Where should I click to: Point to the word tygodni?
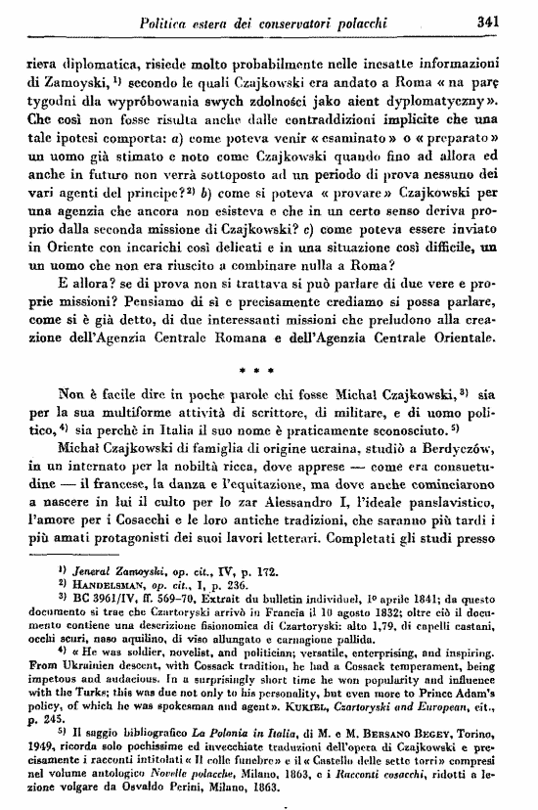click(51, 99)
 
